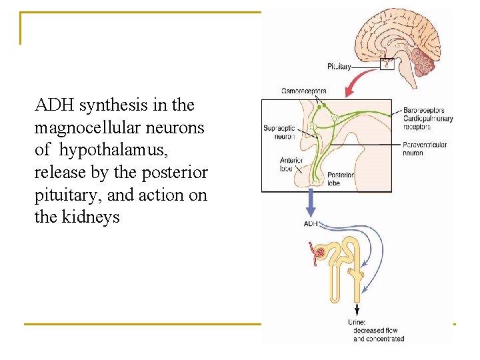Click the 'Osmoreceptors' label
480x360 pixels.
pos(304,91)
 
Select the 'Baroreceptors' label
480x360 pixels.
pos(424,111)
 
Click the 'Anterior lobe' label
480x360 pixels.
pos(291,164)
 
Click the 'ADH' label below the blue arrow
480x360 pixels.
pos(311,223)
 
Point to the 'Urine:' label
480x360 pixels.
pos(357,323)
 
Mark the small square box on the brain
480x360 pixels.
pos(386,65)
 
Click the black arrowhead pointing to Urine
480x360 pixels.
pos(357,311)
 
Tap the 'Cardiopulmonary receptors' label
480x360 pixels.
pos(427,123)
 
